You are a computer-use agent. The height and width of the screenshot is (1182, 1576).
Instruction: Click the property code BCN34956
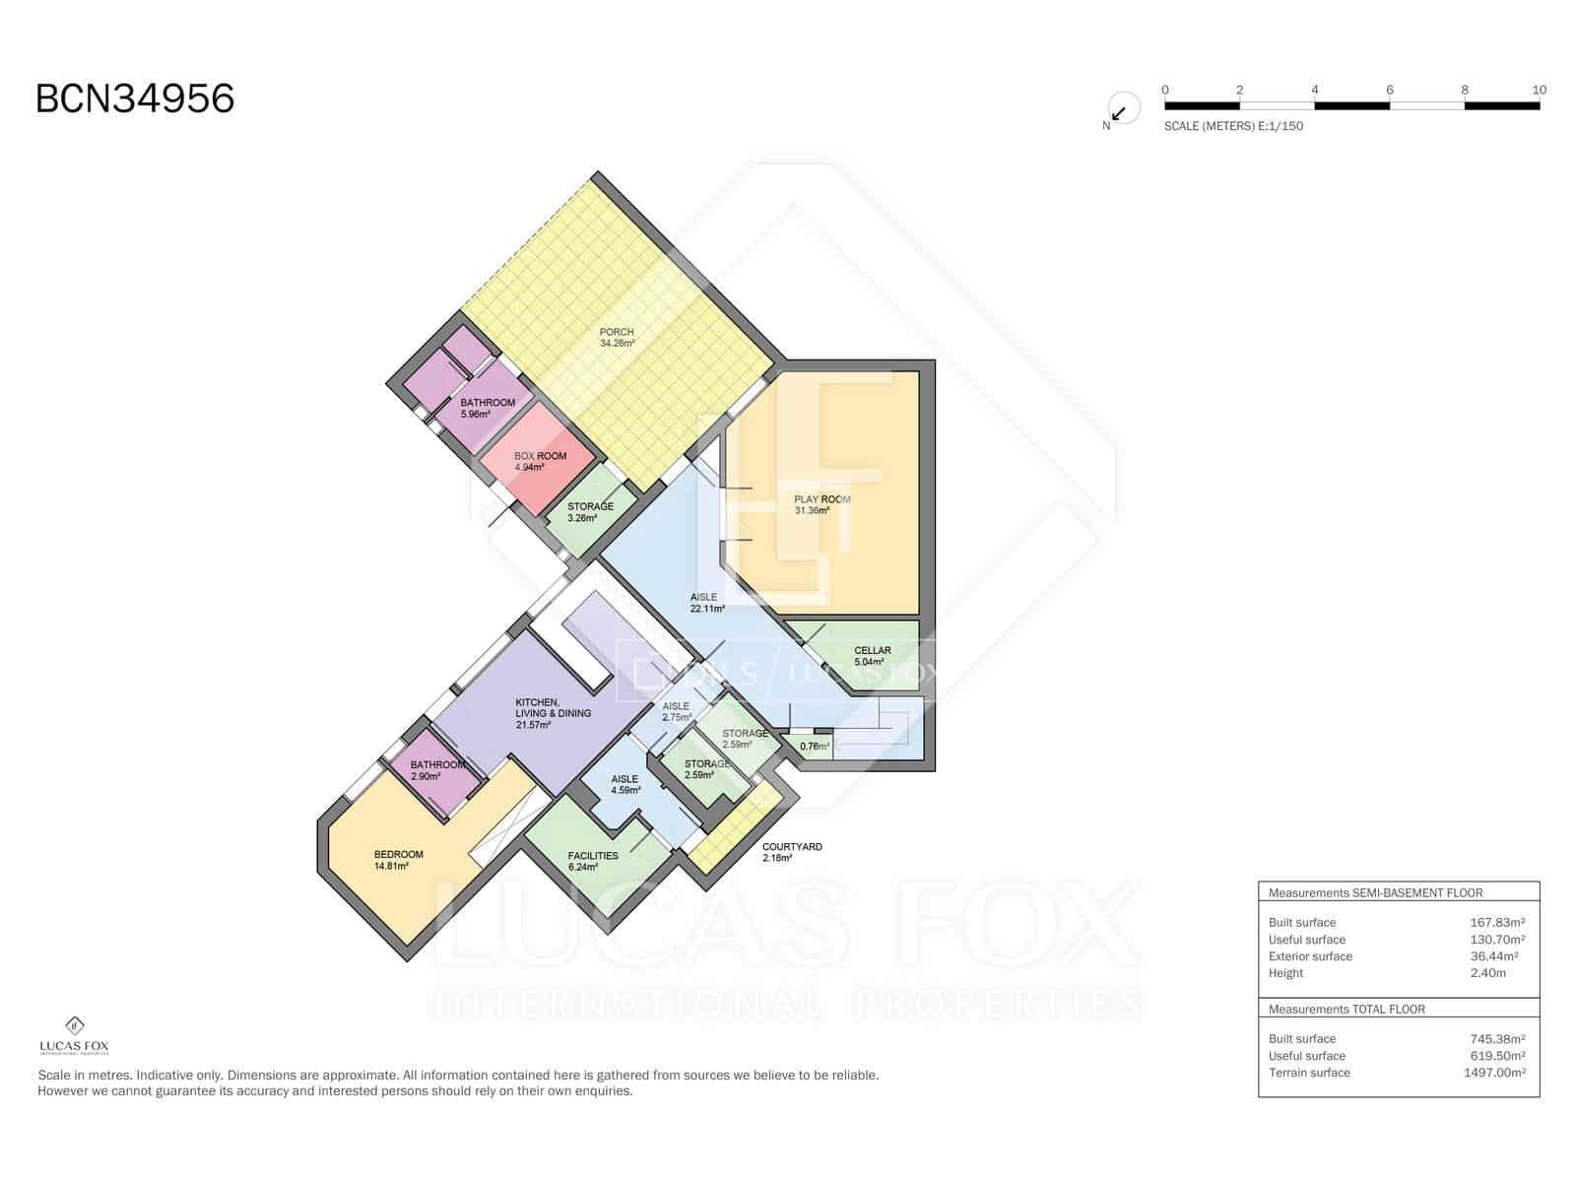tap(135, 98)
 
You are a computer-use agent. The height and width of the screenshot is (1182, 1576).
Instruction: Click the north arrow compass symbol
tap(1122, 108)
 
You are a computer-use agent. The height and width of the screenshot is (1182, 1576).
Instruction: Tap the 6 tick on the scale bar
tap(1389, 90)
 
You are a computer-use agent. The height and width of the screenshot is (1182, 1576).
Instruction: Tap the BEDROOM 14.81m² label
tap(398, 860)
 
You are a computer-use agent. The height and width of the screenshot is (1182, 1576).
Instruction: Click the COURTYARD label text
tap(792, 847)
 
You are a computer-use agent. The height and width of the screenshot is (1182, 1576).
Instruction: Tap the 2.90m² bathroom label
tap(437, 770)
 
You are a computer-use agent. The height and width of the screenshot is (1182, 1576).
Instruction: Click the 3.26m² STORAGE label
tap(590, 512)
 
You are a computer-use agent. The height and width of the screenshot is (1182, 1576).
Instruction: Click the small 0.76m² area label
tap(815, 747)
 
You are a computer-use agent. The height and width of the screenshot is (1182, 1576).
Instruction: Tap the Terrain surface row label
tap(1309, 1073)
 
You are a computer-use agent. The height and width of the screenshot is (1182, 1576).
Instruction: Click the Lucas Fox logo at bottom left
tap(74, 1034)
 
